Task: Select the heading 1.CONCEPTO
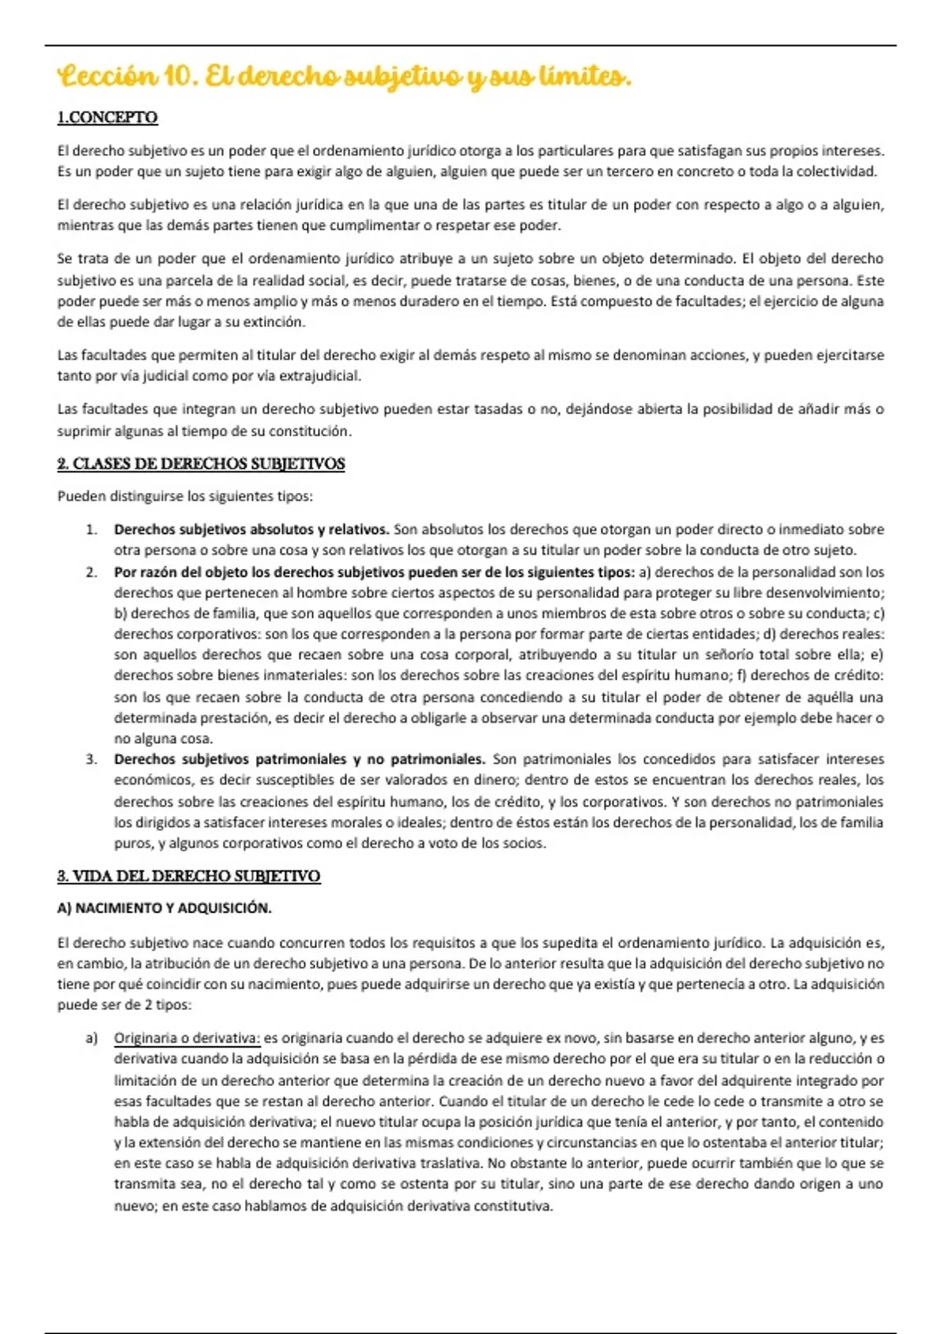pos(108,118)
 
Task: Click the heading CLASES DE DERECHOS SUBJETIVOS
pos(208,464)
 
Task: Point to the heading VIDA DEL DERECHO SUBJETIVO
pos(196,876)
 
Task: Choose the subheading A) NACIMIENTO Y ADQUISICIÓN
pos(164,908)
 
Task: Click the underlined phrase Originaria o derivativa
pos(187,1038)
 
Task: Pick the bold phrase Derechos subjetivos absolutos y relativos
pos(251,530)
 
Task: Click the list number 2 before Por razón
pos(91,572)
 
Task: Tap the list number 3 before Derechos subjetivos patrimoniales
pos(91,759)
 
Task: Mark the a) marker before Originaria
pos(92,1038)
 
